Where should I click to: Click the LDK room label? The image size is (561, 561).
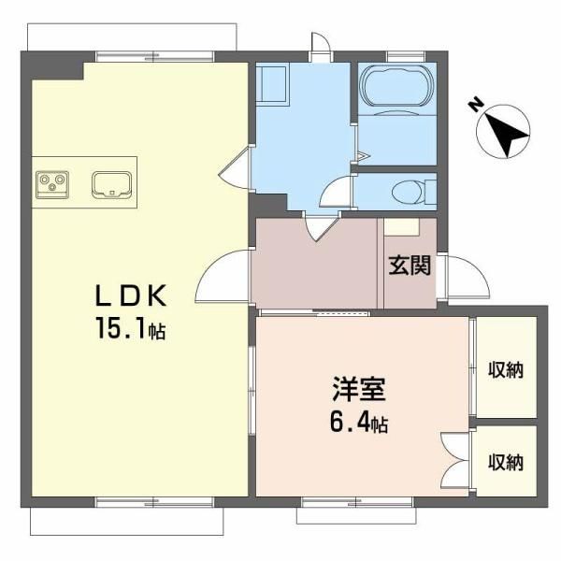[x=131, y=295]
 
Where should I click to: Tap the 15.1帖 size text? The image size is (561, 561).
[x=131, y=328]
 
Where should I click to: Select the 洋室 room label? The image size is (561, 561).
[x=359, y=389]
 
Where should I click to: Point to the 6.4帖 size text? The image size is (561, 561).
[x=359, y=423]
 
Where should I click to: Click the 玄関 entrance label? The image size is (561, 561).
[x=410, y=266]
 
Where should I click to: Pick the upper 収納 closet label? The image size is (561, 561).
[x=506, y=369]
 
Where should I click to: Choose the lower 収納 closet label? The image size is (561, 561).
[x=506, y=462]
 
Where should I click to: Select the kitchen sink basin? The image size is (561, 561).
[x=112, y=184]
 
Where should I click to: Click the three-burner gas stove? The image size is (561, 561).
[x=52, y=184]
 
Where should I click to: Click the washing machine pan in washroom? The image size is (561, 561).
[x=273, y=85]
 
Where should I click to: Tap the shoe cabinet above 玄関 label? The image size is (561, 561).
[x=401, y=227]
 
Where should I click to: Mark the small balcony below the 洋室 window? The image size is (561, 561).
[x=356, y=515]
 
